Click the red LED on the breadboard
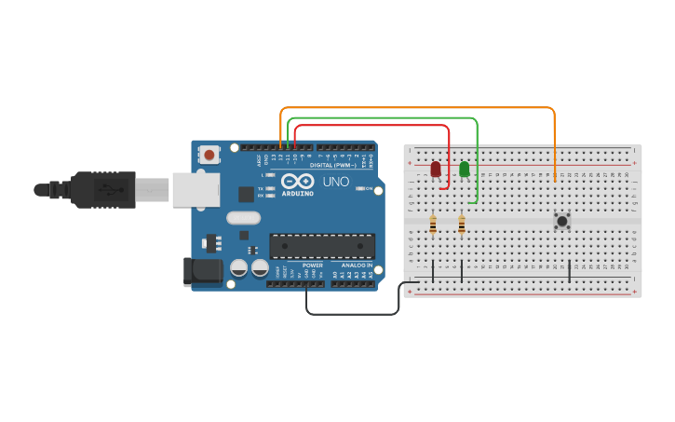[x=435, y=169]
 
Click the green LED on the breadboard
[x=464, y=169]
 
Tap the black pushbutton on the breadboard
[x=561, y=221]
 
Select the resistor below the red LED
[x=433, y=224]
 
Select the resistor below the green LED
[x=462, y=224]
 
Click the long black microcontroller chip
[x=322, y=246]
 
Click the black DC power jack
[x=199, y=271]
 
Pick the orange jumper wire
[x=419, y=108]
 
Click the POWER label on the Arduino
[x=313, y=265]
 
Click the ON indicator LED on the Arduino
[x=359, y=189]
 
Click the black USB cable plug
[x=102, y=190]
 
